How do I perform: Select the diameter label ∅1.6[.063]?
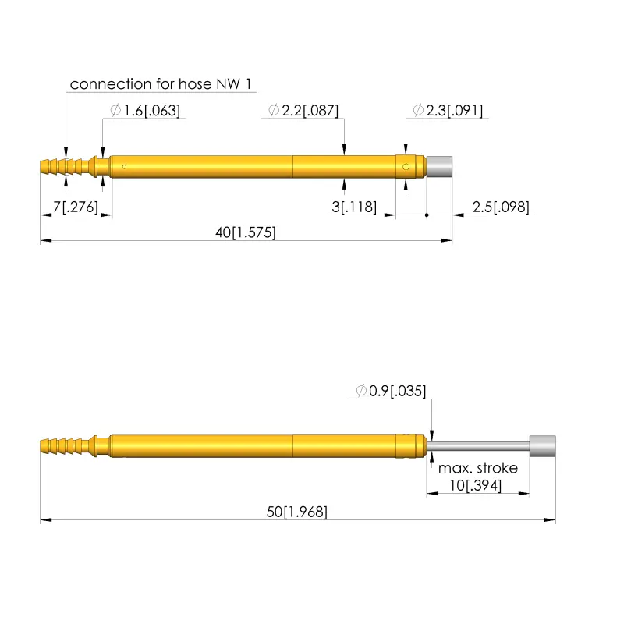coord(146,111)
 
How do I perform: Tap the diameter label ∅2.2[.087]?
coord(303,111)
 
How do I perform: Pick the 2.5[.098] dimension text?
coord(500,207)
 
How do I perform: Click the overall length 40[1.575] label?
coord(246,232)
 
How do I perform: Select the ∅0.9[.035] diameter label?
coord(391,390)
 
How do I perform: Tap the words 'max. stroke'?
coord(477,468)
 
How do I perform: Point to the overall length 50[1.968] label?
coord(297,512)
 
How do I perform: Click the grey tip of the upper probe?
coord(441,167)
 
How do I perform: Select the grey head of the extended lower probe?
coord(543,445)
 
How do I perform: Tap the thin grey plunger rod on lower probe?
coord(480,445)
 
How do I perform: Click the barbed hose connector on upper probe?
coord(70,166)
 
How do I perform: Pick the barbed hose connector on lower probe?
coord(70,445)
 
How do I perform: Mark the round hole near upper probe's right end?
coord(406,166)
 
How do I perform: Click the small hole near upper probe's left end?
coord(124,165)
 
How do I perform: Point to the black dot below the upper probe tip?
coord(427,214)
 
